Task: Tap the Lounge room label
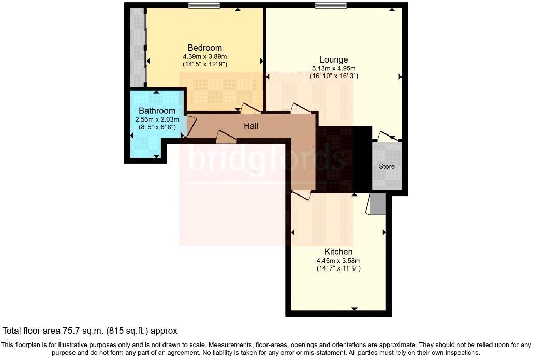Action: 333,59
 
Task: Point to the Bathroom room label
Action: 157,111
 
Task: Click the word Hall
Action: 251,126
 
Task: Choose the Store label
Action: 387,166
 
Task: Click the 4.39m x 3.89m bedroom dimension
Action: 205,56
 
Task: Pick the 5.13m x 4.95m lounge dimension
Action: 334,68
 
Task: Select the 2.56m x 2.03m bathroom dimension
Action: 157,119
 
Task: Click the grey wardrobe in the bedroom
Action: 137,47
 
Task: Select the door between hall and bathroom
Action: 190,127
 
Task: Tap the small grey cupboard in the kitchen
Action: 377,205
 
